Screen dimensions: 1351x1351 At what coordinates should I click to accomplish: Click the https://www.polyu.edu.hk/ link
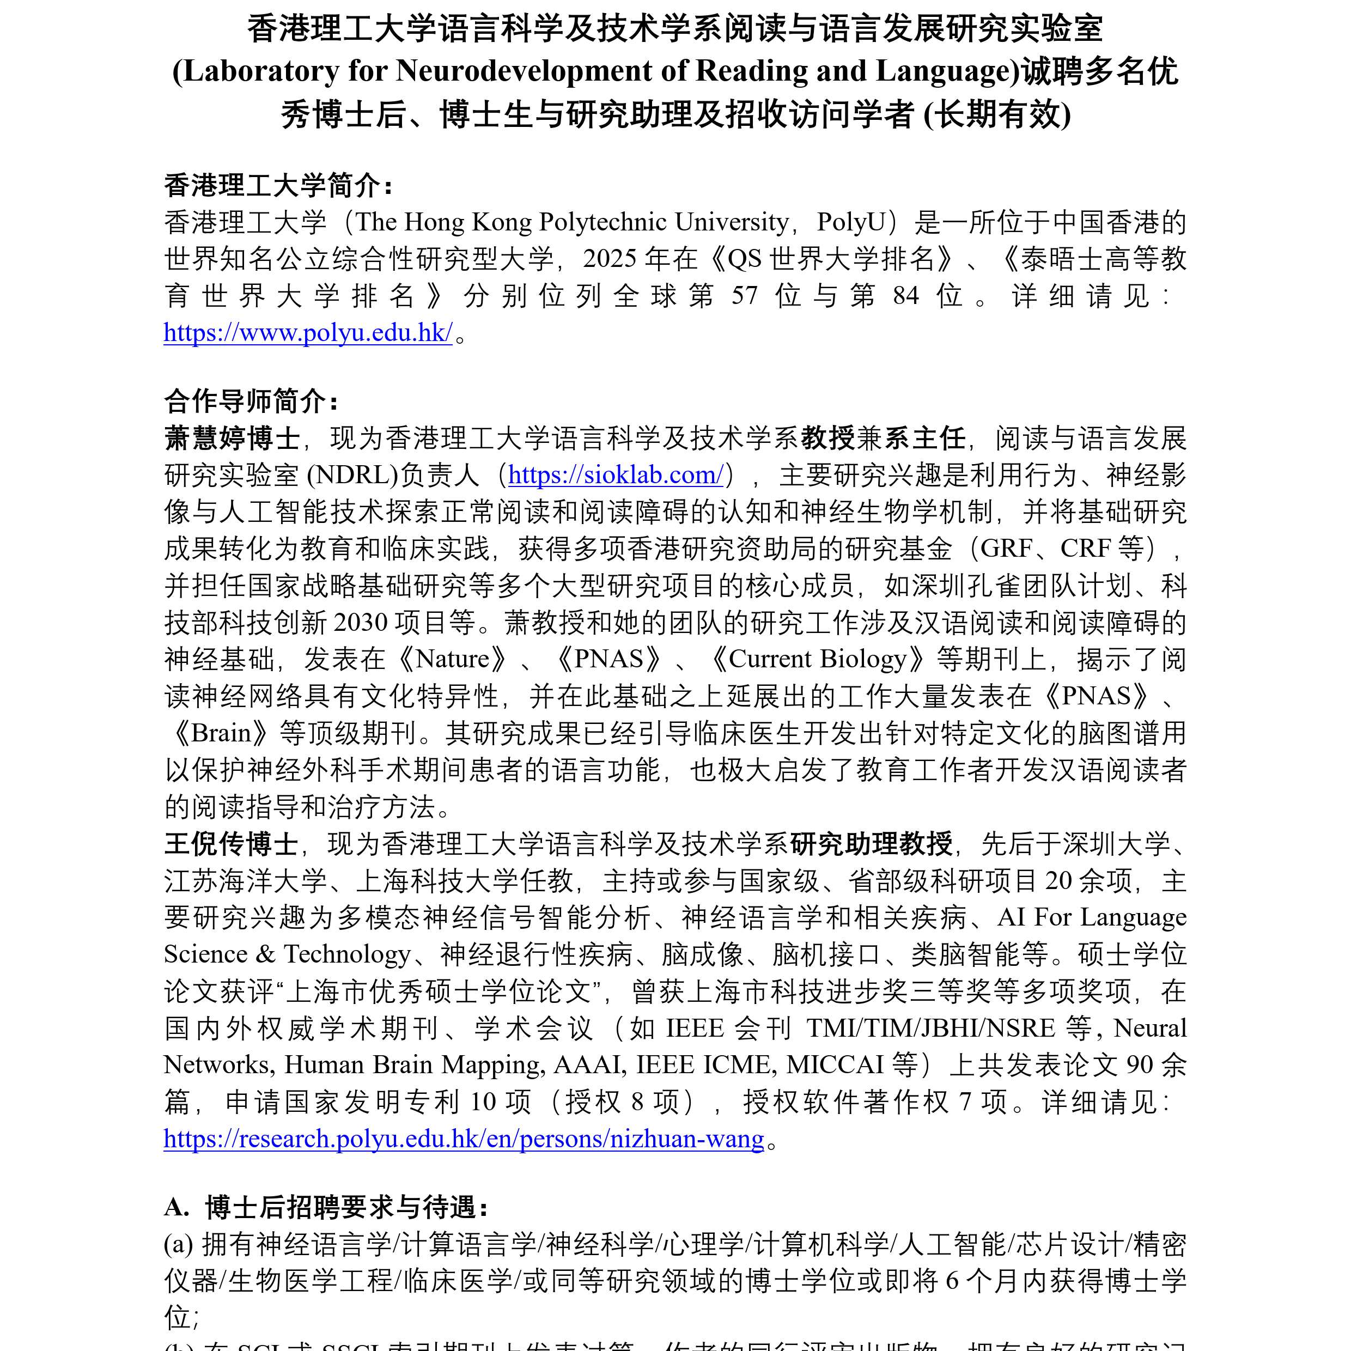(x=308, y=333)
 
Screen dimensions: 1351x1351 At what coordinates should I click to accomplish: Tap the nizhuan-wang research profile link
(x=464, y=1139)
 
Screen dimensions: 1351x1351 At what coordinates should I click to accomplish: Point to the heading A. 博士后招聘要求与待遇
(x=326, y=1208)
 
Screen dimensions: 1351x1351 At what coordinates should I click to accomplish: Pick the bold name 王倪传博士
(x=232, y=844)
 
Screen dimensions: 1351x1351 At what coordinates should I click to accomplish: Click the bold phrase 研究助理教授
(x=871, y=844)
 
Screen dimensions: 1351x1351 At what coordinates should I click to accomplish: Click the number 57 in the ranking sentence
(x=744, y=295)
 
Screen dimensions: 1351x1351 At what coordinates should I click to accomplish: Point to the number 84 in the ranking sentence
(x=905, y=295)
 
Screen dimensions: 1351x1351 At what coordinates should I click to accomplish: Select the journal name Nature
(x=453, y=659)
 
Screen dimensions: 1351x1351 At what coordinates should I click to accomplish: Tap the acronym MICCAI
(x=835, y=1064)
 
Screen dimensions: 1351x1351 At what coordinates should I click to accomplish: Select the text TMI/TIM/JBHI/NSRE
(x=931, y=1028)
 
